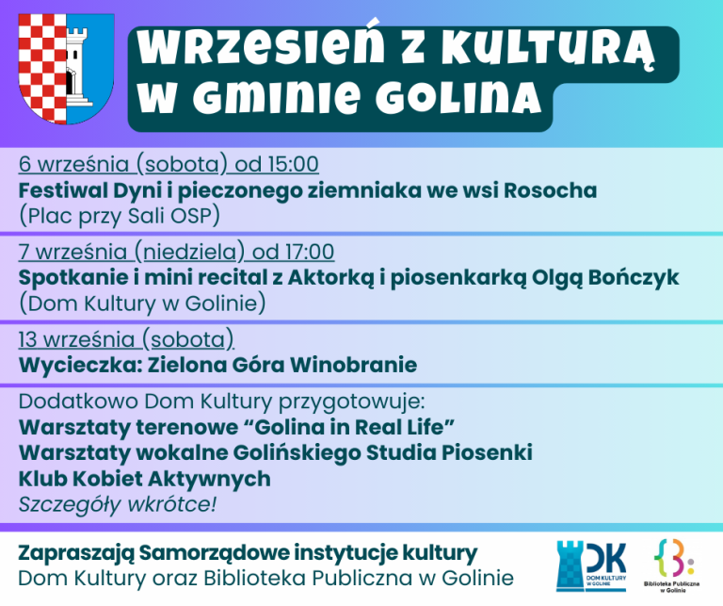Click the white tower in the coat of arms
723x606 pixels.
77,67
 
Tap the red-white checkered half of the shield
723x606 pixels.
42,67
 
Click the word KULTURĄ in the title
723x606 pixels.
547,49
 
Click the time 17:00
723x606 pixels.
309,252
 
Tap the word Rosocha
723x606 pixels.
550,190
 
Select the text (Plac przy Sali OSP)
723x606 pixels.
120,216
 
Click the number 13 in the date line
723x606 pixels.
27,339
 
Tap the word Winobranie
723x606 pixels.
353,365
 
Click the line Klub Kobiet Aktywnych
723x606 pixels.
144,479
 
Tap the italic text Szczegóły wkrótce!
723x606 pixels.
117,504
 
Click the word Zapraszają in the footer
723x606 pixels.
76,553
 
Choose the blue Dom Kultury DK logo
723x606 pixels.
591,565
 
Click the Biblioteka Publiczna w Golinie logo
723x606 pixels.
672,565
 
